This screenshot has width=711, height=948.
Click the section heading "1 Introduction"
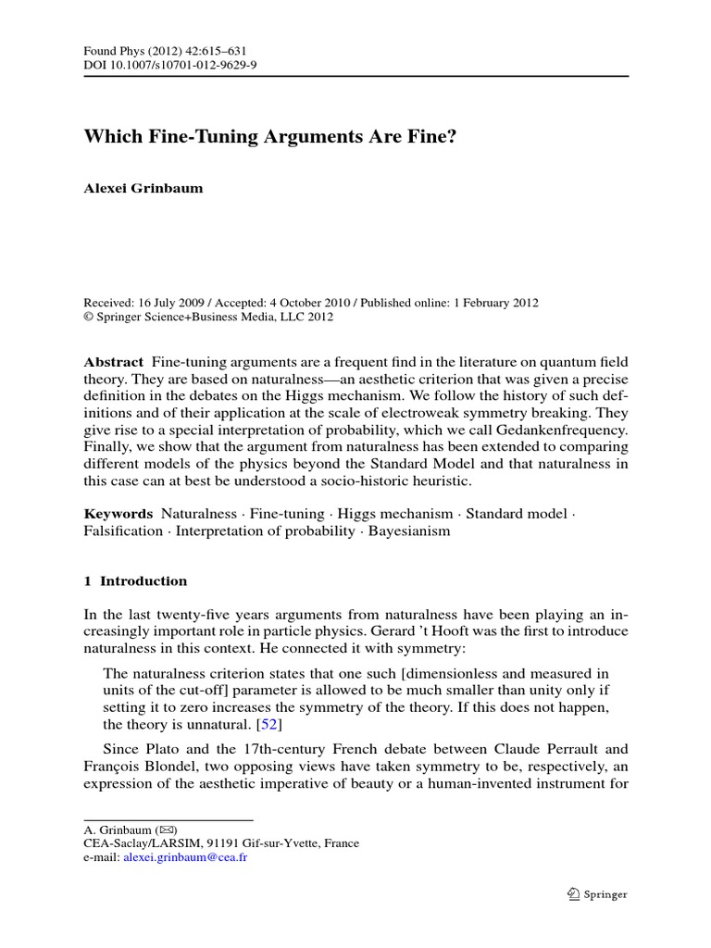136,581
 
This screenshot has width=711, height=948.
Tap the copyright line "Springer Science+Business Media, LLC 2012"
215,317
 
